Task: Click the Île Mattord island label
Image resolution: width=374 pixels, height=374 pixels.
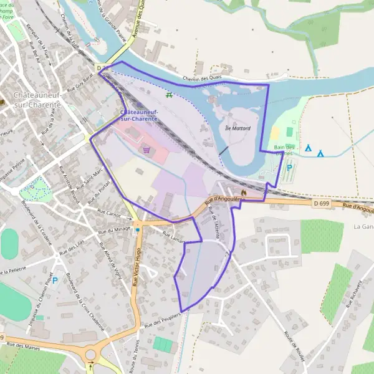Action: (237, 128)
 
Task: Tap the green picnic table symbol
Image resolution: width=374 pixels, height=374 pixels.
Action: (169, 95)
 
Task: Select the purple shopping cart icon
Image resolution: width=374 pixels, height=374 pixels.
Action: (146, 149)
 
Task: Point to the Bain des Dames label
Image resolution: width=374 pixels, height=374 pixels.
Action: (287, 150)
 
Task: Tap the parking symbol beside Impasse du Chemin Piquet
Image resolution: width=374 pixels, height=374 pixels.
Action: (54, 280)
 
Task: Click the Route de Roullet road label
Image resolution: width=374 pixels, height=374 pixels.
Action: (293, 342)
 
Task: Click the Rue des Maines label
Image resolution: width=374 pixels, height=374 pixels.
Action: (24, 345)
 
